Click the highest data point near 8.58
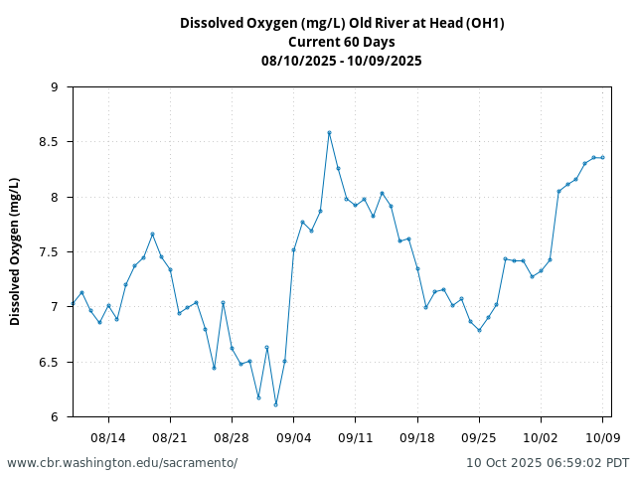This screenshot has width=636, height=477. coord(329,132)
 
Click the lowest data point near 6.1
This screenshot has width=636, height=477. coord(275,404)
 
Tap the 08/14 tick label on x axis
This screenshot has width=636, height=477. coord(108,437)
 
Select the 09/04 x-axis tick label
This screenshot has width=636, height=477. coord(294,437)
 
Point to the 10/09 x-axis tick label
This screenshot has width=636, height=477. coord(603,437)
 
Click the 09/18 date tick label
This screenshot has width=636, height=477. coord(417,437)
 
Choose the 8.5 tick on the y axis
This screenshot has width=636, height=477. coord(50,142)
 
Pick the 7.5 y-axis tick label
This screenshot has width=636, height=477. coord(50,252)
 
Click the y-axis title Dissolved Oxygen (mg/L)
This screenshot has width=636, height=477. coord(15,251)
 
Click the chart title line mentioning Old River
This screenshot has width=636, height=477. coord(342,23)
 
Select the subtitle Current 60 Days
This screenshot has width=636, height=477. coord(342,42)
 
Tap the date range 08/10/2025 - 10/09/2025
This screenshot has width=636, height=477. coord(342,61)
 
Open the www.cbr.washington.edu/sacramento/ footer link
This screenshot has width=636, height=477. coord(122,463)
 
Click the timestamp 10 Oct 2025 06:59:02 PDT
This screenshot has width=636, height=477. coord(548,463)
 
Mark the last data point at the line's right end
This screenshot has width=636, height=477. coord(602,157)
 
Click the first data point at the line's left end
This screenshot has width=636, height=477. coord(73,303)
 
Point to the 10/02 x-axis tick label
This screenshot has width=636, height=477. coord(541,437)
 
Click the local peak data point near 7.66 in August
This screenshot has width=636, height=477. coord(152,234)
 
